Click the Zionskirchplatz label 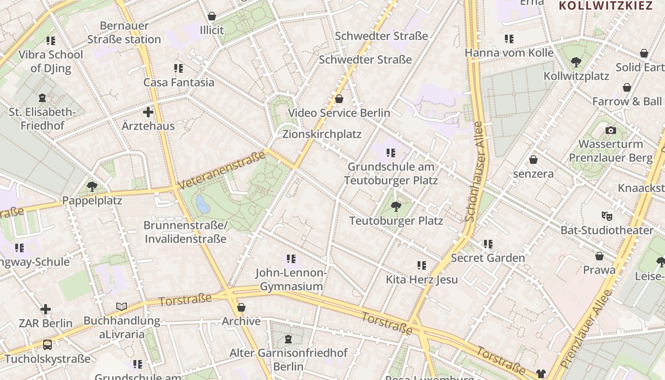[322, 134]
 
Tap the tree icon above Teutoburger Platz [396, 206]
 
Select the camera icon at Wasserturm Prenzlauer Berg [611, 130]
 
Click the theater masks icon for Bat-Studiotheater [607, 216]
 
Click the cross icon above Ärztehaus [148, 112]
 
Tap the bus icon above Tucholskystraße [47, 344]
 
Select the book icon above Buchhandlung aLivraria [122, 307]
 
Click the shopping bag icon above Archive [241, 307]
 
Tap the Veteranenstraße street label [221, 170]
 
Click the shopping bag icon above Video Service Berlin [339, 99]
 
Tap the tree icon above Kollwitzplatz [576, 62]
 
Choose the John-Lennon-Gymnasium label [291, 279]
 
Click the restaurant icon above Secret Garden [488, 244]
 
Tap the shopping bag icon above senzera [533, 160]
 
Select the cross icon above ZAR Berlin [46, 310]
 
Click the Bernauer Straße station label [123, 32]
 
